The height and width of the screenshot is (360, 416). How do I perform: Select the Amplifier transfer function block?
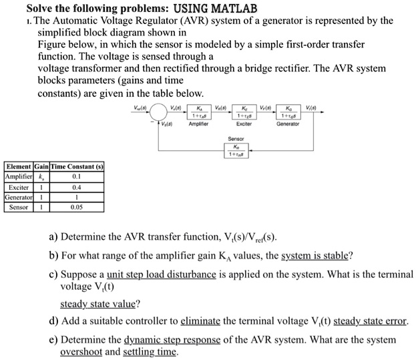pyautogui.click(x=199, y=113)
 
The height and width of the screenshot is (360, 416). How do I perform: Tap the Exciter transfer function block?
pyautogui.click(x=244, y=113)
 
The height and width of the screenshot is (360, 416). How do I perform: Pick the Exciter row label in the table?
pyautogui.click(x=17, y=188)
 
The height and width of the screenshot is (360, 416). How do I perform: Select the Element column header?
pyautogui.click(x=17, y=166)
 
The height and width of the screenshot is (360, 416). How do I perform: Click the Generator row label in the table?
pyautogui.click(x=17, y=198)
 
